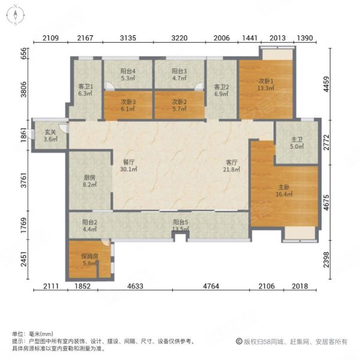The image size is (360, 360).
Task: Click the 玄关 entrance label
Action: (x=50, y=132)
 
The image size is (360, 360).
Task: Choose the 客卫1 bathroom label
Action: (x=85, y=86)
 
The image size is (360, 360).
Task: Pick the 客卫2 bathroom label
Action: (x=221, y=86)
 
